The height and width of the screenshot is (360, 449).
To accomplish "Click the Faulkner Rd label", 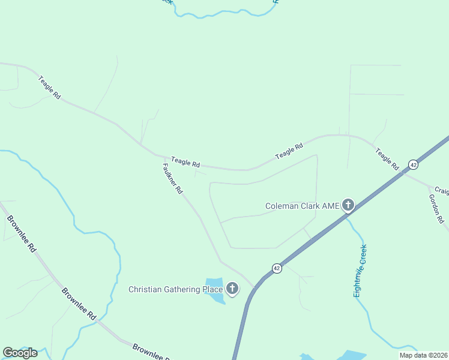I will point(172,179).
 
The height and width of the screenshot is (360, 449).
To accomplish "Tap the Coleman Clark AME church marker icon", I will point(348,206).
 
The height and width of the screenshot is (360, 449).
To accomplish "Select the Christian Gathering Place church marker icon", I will point(232,290).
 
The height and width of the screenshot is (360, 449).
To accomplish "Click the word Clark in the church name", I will point(312,206).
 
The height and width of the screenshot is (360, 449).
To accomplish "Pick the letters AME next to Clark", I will point(333,206).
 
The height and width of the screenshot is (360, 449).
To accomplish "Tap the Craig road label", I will point(442,191).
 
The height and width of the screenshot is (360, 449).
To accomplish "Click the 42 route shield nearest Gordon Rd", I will point(413,164).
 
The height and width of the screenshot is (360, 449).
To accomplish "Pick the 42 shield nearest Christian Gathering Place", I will point(276,268).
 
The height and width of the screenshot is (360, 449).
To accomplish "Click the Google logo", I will point(20,353).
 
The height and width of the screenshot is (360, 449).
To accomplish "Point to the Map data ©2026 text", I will point(424,355).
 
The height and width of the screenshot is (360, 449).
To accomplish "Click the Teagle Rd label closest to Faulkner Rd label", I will point(185,162).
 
